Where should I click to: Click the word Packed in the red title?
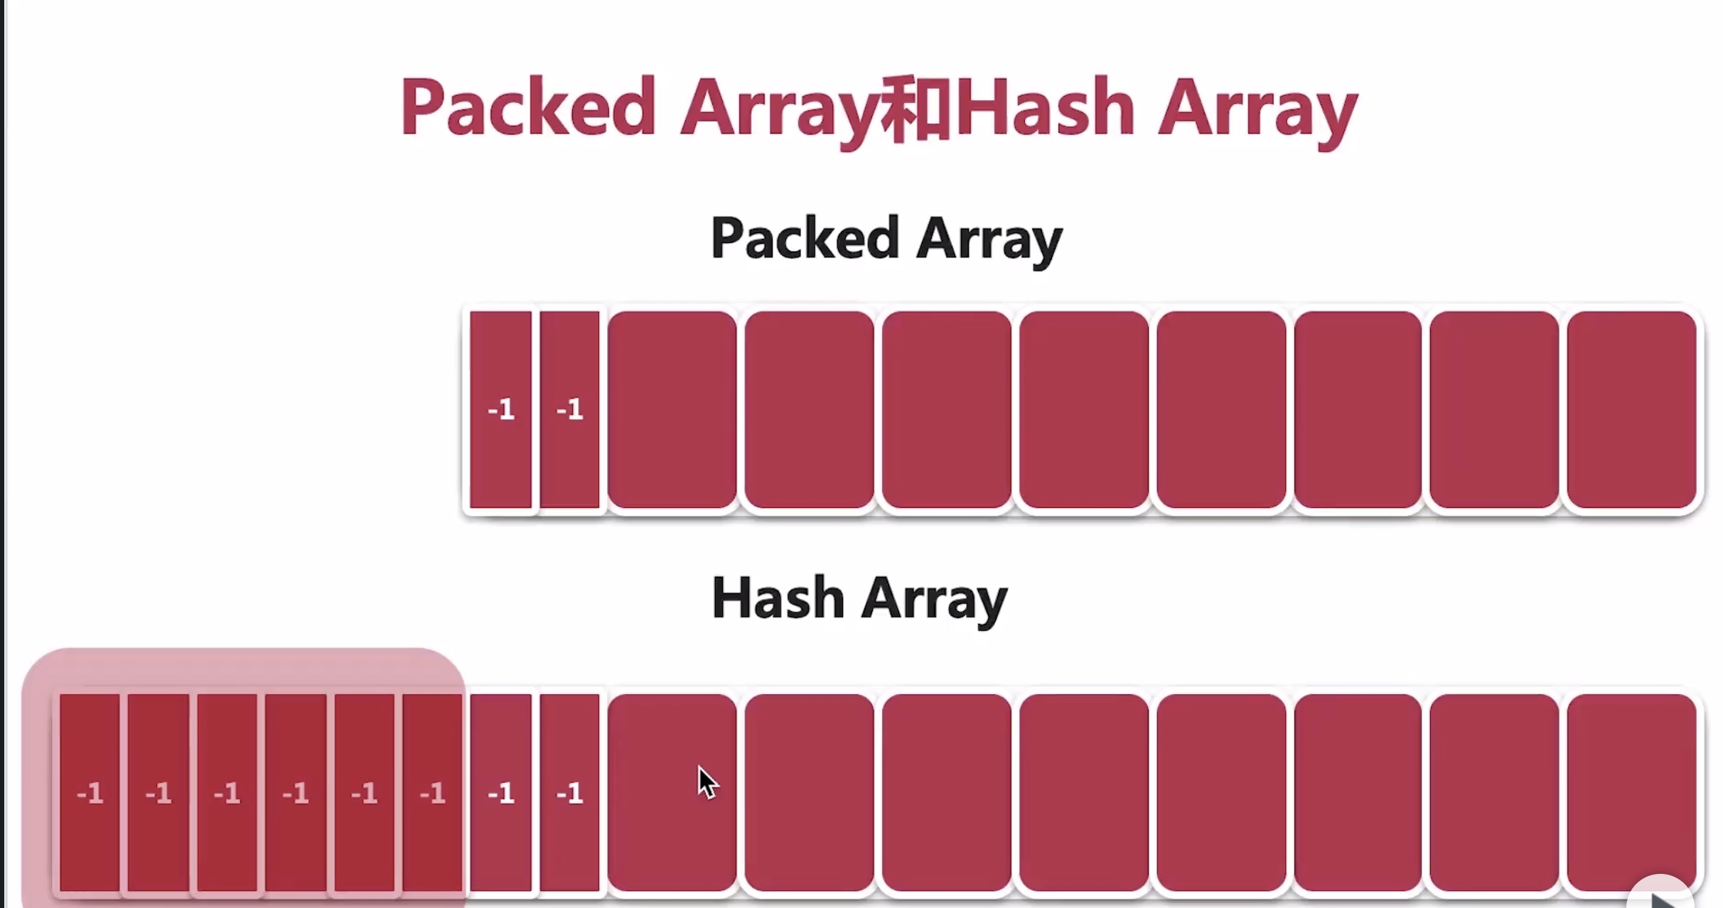tap(527, 107)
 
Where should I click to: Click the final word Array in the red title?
tap(1258, 112)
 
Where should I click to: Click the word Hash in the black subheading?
tap(778, 598)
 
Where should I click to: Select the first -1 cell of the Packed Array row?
tap(501, 409)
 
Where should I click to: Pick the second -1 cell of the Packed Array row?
tap(569, 409)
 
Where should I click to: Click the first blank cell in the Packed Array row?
tap(672, 409)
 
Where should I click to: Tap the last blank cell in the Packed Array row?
tap(1631, 409)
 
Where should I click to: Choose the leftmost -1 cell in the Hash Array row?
tap(90, 792)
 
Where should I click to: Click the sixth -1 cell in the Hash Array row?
tap(432, 792)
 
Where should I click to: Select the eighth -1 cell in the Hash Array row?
tap(569, 792)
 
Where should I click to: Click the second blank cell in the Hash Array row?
tap(809, 792)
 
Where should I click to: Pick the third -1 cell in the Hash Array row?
tap(227, 792)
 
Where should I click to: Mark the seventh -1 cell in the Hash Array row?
tap(501, 792)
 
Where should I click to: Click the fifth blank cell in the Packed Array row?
tap(1221, 409)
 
